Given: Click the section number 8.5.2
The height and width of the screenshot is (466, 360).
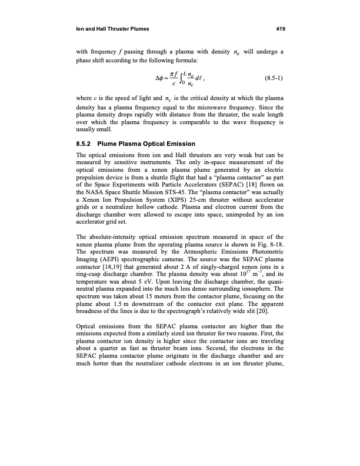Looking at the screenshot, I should pyautogui.click(x=88, y=144).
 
